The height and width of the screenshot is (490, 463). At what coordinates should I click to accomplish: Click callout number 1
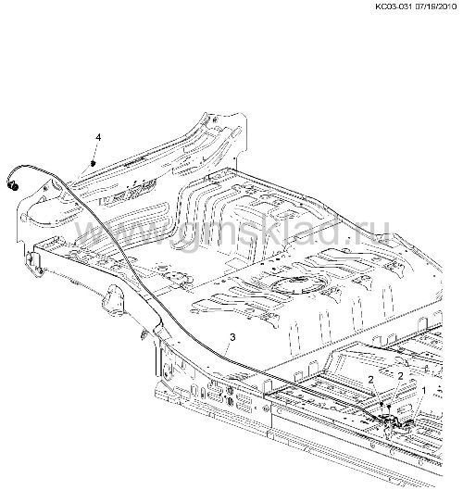pyautogui.click(x=423, y=391)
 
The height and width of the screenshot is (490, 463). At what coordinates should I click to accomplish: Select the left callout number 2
pyautogui.click(x=370, y=380)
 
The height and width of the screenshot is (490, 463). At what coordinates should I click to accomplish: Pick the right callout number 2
pyautogui.click(x=400, y=376)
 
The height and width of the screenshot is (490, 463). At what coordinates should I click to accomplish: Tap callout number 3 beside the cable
pyautogui.click(x=232, y=337)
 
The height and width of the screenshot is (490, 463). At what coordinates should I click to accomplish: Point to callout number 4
pyautogui.click(x=98, y=137)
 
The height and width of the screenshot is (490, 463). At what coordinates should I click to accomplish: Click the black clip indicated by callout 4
pyautogui.click(x=93, y=163)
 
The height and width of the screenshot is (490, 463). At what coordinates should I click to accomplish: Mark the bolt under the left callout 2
pyautogui.click(x=382, y=404)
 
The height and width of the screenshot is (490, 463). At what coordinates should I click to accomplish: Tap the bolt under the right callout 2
pyautogui.click(x=389, y=407)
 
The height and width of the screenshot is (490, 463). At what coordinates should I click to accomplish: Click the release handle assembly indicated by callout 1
pyautogui.click(x=396, y=424)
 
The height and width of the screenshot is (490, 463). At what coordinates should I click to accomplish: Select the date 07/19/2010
pyautogui.click(x=436, y=6)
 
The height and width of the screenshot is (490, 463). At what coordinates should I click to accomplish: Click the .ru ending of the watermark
pyautogui.click(x=371, y=232)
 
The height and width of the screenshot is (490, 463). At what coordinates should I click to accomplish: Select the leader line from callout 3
pyautogui.click(x=228, y=348)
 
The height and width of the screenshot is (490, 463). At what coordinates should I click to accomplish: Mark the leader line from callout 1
pyautogui.click(x=417, y=408)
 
